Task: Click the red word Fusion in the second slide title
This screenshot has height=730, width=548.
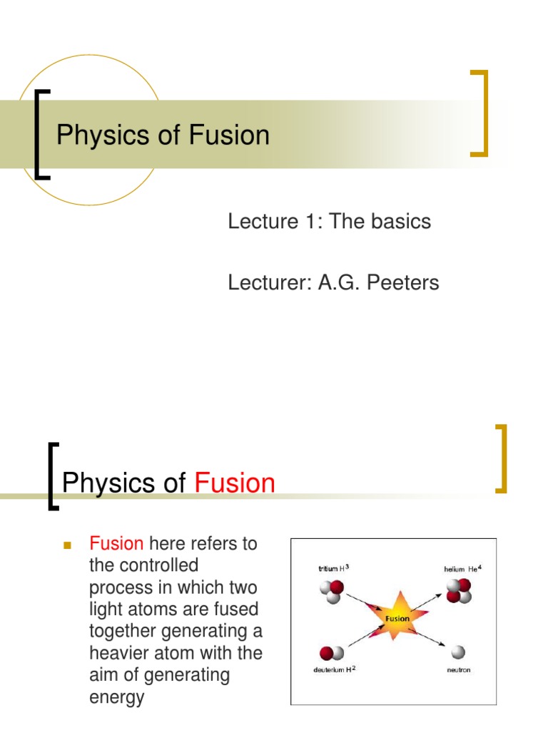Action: pyautogui.click(x=235, y=483)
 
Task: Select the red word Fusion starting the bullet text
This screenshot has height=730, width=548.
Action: pyautogui.click(x=116, y=545)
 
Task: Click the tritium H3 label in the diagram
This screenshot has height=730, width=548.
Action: pyautogui.click(x=333, y=568)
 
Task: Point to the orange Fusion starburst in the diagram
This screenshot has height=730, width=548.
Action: pyautogui.click(x=397, y=618)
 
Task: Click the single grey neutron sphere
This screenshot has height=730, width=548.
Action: pyautogui.click(x=457, y=651)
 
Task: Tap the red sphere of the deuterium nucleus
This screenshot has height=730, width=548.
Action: pyautogui.click(x=327, y=652)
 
